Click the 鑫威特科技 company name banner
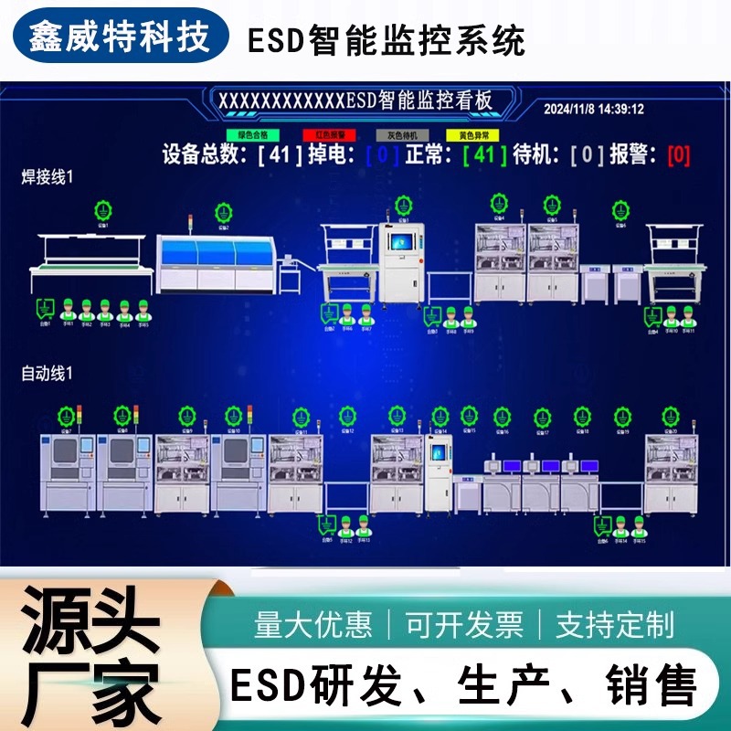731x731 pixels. [x=119, y=37]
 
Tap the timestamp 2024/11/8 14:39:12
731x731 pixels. [x=594, y=109]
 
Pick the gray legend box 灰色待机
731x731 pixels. [x=402, y=134]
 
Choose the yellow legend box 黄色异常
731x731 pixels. [x=472, y=134]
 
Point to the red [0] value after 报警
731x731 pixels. [x=678, y=154]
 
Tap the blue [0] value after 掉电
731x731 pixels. [x=382, y=154]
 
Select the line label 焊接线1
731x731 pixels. [x=48, y=175]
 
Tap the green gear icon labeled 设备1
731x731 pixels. [x=102, y=211]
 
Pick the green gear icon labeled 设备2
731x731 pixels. [x=222, y=212]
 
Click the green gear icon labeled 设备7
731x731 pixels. [x=66, y=416]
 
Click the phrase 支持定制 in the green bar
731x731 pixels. [x=615, y=625]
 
